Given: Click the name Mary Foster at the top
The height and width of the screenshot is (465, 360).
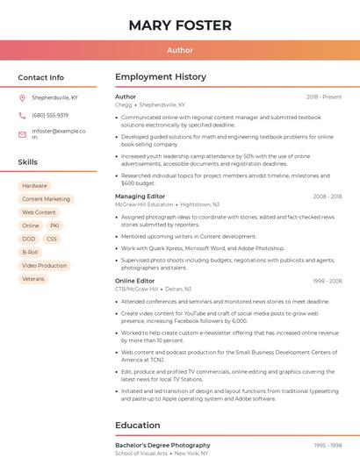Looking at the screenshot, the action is (180, 25).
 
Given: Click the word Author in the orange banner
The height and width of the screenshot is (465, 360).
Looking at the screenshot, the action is (180, 50).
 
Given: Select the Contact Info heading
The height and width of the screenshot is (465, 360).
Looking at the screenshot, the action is (40, 77).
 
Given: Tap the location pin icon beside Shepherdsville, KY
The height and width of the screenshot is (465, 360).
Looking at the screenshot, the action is (22, 98).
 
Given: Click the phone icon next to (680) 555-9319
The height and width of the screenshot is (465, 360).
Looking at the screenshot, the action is (22, 115).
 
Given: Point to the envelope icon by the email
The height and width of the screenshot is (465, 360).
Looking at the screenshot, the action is (22, 134).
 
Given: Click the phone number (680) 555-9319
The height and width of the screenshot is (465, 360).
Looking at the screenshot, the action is (50, 115).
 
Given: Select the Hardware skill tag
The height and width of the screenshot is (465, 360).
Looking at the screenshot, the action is (34, 186).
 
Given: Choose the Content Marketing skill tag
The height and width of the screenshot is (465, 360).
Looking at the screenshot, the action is (46, 199).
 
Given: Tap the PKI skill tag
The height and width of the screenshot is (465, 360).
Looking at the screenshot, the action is (54, 225).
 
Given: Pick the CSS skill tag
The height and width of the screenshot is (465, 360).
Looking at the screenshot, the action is (52, 239).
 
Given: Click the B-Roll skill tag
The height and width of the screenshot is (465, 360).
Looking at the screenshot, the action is (30, 252).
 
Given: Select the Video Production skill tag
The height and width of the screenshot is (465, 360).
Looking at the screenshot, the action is (44, 265).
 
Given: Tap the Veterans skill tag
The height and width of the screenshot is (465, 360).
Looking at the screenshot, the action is (33, 278).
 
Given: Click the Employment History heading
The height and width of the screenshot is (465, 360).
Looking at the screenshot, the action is (161, 77).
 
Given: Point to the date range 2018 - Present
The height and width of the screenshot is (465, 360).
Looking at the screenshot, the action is (324, 97).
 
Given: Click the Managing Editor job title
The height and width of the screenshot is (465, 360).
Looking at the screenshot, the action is (140, 197).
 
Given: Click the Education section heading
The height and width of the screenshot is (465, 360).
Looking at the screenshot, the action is (138, 426).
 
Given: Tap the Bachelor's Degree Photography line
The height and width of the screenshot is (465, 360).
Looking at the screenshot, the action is (162, 445).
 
